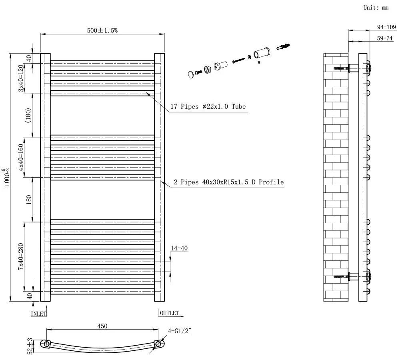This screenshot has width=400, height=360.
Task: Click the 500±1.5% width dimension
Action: (102, 31)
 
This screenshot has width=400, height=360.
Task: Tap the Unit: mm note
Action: (376, 8)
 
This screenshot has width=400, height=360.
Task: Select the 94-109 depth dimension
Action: (386, 27)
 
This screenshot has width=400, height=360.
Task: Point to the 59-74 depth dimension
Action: (385, 38)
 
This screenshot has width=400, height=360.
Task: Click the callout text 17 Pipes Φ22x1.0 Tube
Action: (208, 107)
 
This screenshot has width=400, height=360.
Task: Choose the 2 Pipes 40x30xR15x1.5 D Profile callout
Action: (229, 182)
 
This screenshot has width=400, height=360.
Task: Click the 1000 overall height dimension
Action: (7, 177)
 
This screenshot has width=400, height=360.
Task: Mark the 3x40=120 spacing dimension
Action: (21, 78)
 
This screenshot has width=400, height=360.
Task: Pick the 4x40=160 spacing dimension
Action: (21, 158)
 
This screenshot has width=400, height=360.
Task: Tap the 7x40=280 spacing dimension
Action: (21, 257)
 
